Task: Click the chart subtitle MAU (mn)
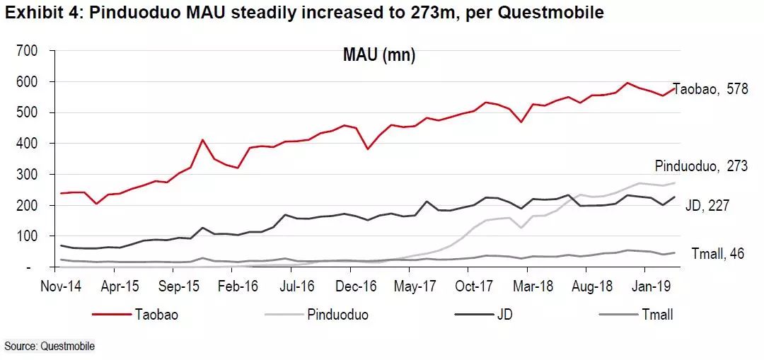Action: (x=379, y=56)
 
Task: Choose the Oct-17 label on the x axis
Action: (x=472, y=288)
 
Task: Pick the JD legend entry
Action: (x=504, y=315)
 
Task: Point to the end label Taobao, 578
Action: (x=710, y=90)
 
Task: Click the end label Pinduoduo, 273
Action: (x=701, y=167)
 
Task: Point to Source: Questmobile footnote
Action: (x=50, y=346)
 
